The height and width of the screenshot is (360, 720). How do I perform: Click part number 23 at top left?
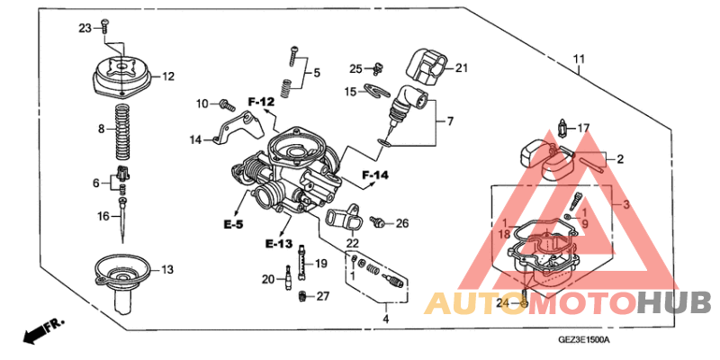pyautogui.click(x=85, y=28)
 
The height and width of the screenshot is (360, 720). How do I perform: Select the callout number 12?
pyautogui.click(x=168, y=77)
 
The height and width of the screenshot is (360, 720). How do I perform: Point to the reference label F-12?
pyautogui.click(x=260, y=102)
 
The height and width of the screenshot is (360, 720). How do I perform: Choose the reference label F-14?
pyautogui.click(x=375, y=175)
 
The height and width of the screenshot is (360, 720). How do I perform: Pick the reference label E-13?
pyautogui.click(x=279, y=244)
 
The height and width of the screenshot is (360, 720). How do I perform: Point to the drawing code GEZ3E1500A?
pyautogui.click(x=585, y=340)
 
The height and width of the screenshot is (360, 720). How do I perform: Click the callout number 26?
pyautogui.click(x=402, y=223)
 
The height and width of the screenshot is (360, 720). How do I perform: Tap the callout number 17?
pyautogui.click(x=583, y=128)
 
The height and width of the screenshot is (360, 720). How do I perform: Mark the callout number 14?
pyautogui.click(x=196, y=139)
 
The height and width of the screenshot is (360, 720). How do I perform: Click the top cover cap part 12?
pyautogui.click(x=120, y=75)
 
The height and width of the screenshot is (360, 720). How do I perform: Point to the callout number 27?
pyautogui.click(x=323, y=295)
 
